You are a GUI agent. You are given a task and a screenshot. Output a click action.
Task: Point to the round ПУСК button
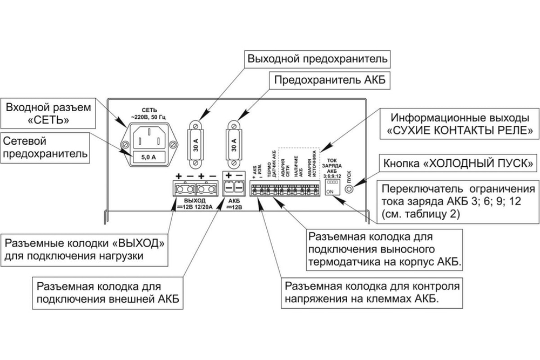click(x=349, y=189)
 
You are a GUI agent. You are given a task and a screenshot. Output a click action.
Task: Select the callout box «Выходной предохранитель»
click(x=318, y=58)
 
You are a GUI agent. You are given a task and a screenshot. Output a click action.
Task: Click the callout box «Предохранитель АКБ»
click(x=329, y=80)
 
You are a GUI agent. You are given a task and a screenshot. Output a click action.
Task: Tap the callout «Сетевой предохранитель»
click(x=45, y=147)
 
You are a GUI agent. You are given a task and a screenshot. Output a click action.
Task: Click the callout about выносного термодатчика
click(x=384, y=250)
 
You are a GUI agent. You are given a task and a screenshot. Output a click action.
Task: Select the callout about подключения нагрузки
click(x=84, y=249)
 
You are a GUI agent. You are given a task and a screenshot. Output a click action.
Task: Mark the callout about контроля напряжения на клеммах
click(x=373, y=291)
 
